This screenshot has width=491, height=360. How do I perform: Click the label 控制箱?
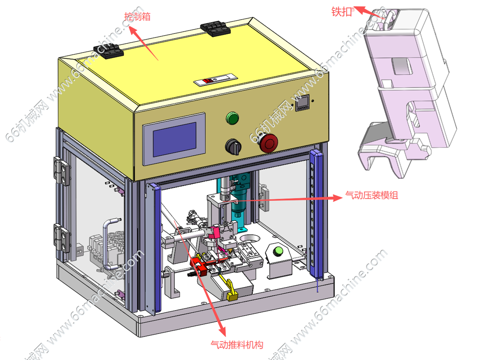click(x=137, y=16)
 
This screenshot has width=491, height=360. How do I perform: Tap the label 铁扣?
click(x=342, y=12)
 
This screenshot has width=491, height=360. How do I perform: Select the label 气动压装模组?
click(x=372, y=195)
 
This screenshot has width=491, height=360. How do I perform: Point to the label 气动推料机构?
click(x=237, y=345)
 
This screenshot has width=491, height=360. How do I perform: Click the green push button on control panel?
click(x=232, y=118)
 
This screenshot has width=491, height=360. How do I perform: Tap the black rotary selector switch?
click(x=233, y=146)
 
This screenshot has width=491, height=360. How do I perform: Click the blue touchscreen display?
click(x=174, y=140)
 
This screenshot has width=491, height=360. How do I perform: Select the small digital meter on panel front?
click(x=302, y=103)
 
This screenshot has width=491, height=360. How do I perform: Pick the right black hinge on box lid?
click(x=216, y=29)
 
